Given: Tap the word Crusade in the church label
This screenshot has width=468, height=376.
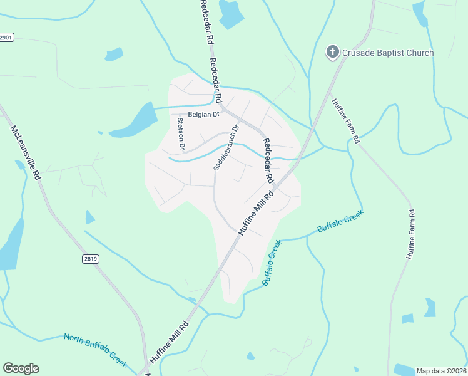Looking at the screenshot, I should click(358, 53).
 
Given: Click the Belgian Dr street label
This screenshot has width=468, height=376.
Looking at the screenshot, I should click(201, 115).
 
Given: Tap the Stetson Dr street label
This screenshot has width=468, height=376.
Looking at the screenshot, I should click(181, 133).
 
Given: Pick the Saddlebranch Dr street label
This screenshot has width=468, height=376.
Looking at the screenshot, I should click(226, 148).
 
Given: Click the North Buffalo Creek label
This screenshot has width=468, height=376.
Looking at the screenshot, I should click(95, 350).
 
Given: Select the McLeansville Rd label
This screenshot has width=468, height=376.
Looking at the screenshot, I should click(26, 153).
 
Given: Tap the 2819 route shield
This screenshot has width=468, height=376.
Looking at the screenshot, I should click(91, 258).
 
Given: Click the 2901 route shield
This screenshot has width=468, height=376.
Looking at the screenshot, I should click(6, 38).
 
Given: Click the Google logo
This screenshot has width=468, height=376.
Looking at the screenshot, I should click(21, 368).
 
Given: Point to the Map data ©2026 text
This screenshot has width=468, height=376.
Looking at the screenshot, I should click(441, 371).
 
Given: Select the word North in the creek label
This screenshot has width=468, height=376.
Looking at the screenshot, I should click(74, 339).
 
